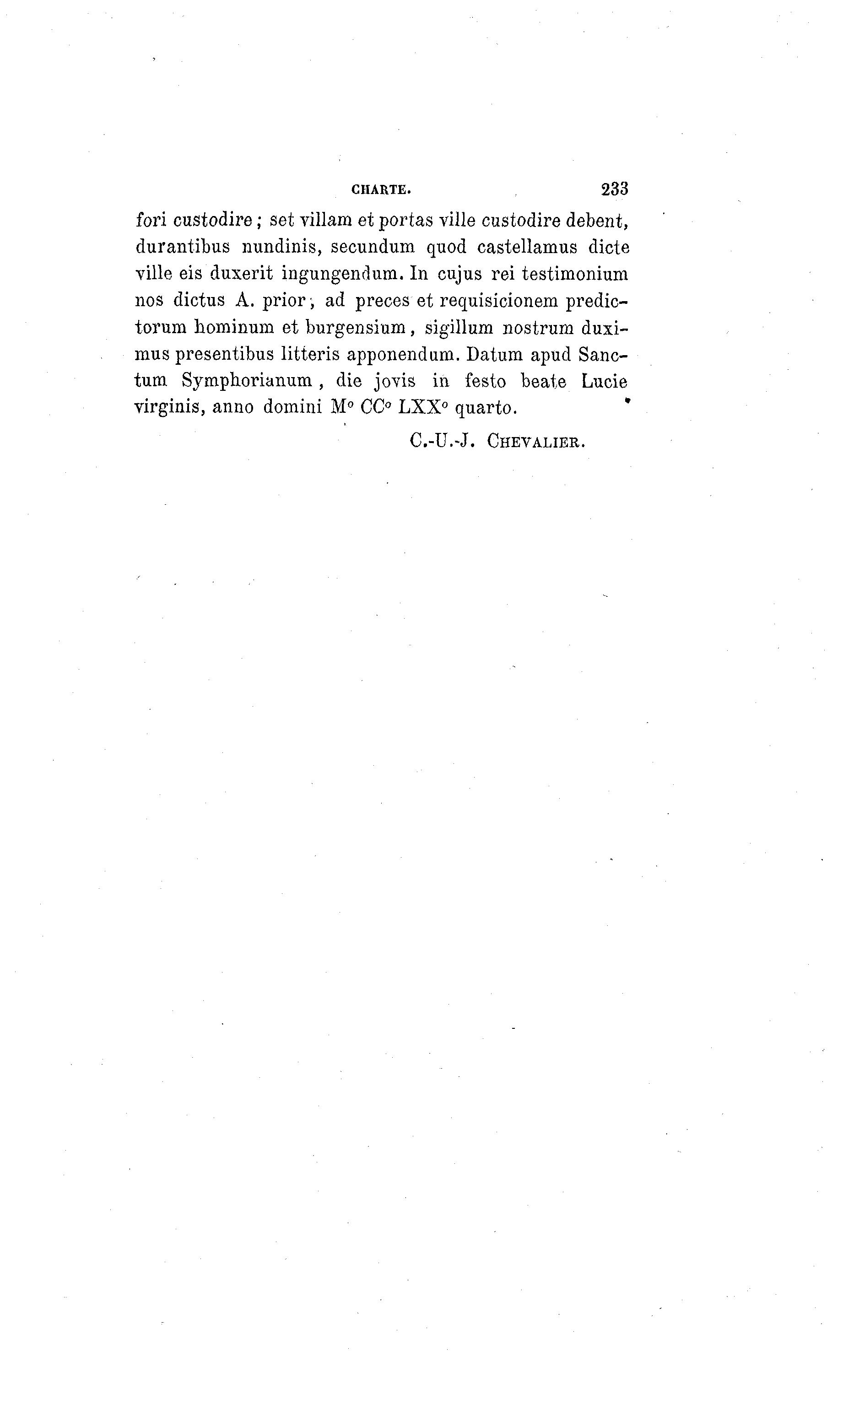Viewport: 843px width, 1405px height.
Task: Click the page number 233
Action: [614, 189]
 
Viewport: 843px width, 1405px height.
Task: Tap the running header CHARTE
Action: [381, 190]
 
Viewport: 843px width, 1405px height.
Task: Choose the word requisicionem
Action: [499, 302]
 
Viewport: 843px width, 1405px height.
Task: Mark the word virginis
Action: [169, 408]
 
